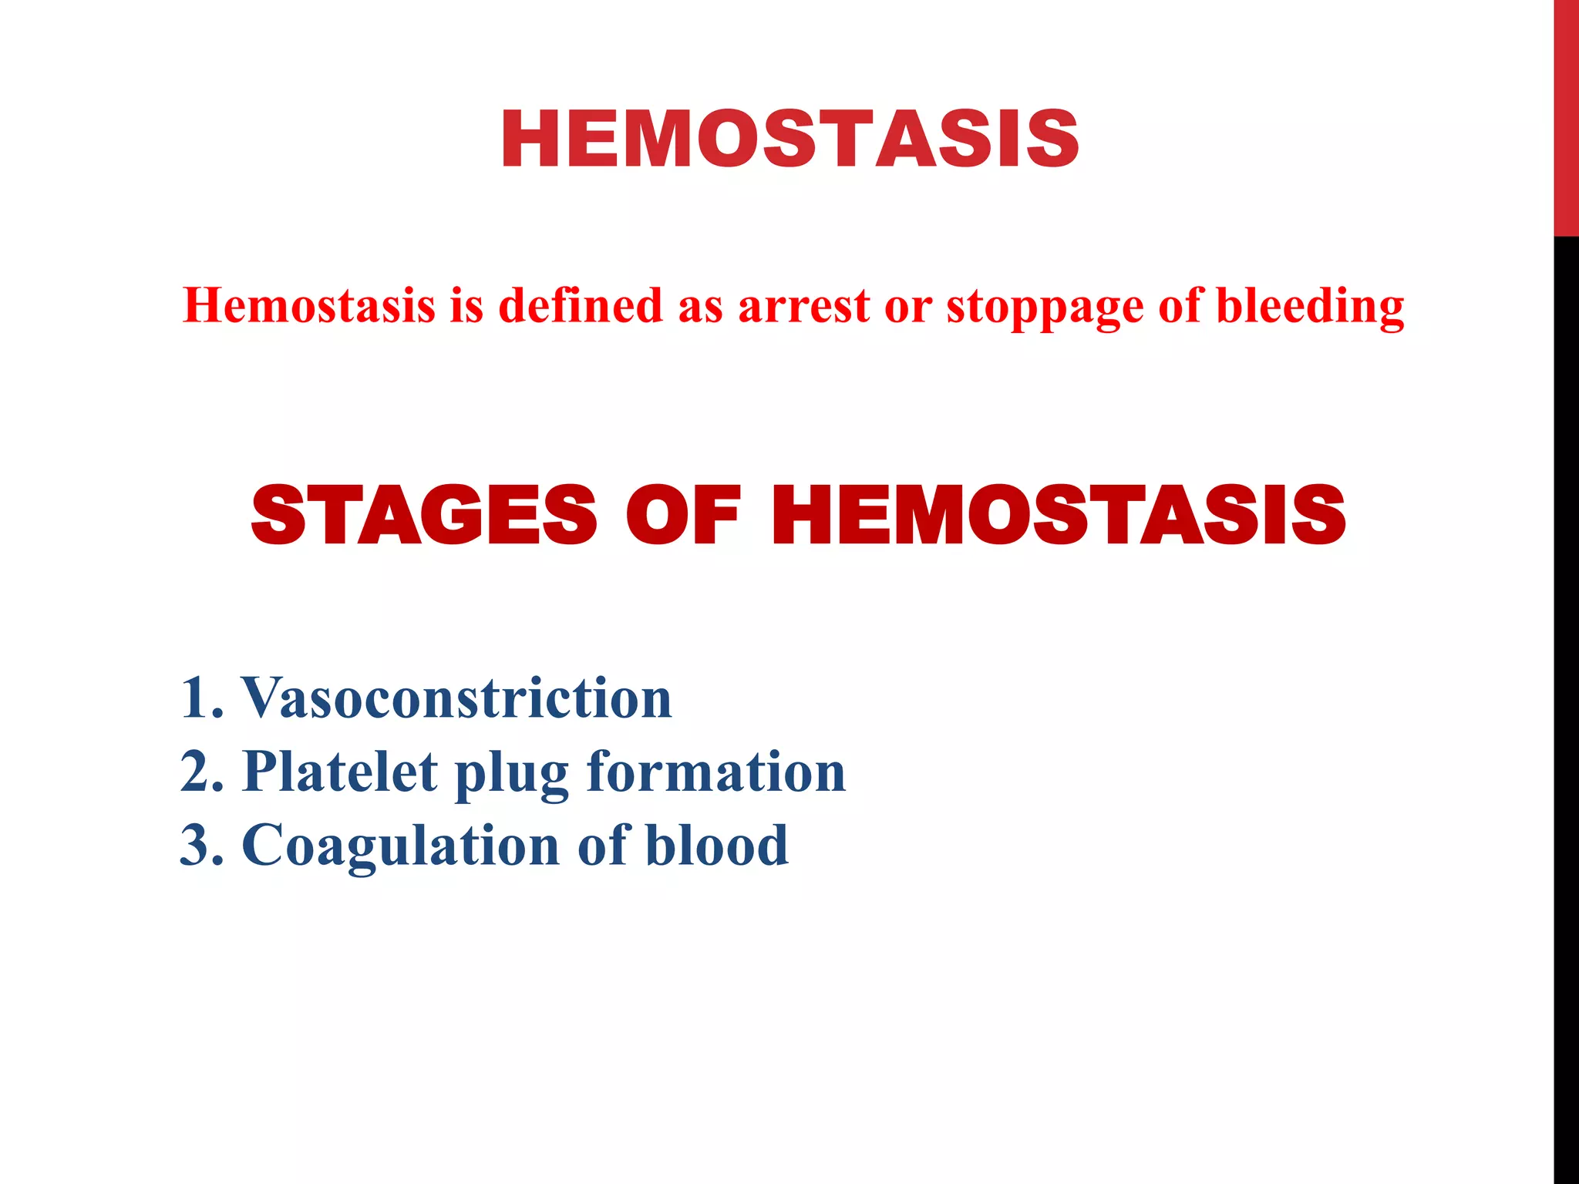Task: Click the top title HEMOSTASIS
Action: (x=789, y=140)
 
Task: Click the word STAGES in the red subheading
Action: (x=423, y=516)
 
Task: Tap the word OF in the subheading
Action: (x=683, y=516)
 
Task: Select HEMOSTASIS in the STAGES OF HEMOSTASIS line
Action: (x=1058, y=516)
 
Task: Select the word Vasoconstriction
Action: (x=457, y=698)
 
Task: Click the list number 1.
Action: (x=199, y=698)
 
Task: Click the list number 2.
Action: (x=199, y=772)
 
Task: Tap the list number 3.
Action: (x=199, y=846)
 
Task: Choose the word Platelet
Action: (x=340, y=772)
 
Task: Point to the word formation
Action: (x=716, y=772)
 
